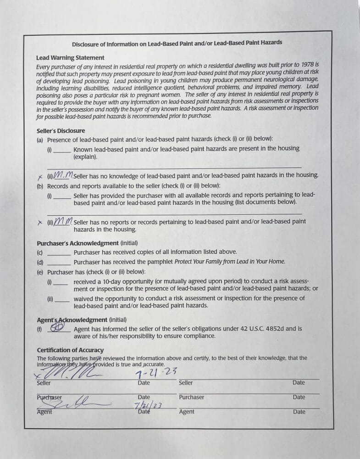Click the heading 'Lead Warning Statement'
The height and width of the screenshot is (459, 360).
[x=70, y=58]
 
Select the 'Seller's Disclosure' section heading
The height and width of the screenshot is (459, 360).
[x=61, y=131]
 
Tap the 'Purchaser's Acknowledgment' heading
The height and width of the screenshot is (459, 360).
[x=78, y=243]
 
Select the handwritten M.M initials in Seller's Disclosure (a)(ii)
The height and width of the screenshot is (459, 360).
[x=63, y=175]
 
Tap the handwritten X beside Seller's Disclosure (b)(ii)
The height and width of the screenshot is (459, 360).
[x=40, y=222]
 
